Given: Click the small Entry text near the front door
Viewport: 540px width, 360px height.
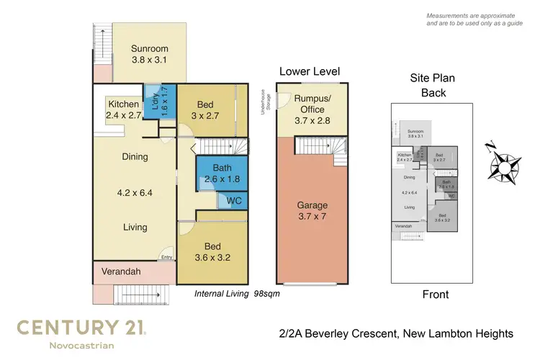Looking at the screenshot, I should point(167,257).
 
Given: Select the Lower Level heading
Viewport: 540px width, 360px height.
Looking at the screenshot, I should point(310,71).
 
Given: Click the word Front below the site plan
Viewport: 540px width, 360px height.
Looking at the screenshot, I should point(435,294).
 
